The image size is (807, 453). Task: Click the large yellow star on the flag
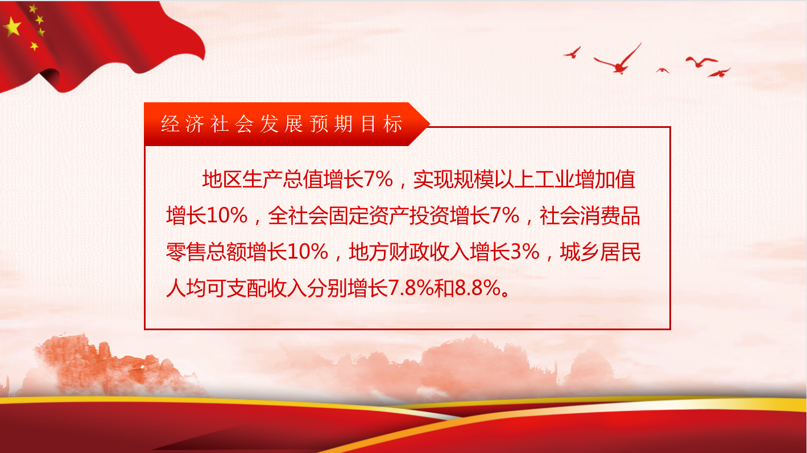(x=13, y=27)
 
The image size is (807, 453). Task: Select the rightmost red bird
(x=719, y=73)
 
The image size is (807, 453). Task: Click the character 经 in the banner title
(x=170, y=124)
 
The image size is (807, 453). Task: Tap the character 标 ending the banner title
(x=392, y=124)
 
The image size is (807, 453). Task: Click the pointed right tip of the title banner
(x=430, y=124)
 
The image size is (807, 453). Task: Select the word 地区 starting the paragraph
(x=222, y=179)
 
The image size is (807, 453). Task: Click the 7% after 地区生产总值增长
(x=378, y=179)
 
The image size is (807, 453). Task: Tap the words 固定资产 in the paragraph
(x=369, y=215)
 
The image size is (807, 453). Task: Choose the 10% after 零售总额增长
(x=308, y=251)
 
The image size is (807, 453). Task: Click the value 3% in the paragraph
(x=525, y=251)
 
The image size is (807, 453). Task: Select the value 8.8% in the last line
(x=478, y=288)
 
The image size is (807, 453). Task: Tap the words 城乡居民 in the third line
(x=600, y=251)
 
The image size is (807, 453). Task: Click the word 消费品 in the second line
(x=610, y=215)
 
